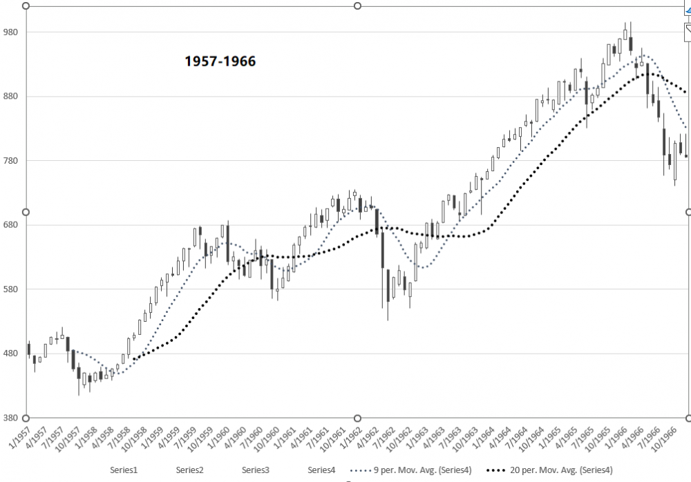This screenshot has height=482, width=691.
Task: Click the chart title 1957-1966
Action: pyautogui.click(x=220, y=61)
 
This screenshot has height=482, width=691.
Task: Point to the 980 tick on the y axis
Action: pyautogui.click(x=13, y=32)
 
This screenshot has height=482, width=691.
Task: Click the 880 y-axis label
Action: pyautogui.click(x=13, y=97)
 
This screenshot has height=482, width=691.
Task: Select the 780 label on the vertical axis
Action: pyautogui.click(x=13, y=161)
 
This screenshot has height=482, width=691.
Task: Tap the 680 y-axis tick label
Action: pyautogui.click(x=13, y=225)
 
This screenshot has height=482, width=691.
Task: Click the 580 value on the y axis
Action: pyautogui.click(x=13, y=289)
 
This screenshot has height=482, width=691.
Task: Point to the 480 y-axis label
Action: pyautogui.click(x=13, y=354)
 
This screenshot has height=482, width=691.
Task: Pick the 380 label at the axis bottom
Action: pyautogui.click(x=13, y=418)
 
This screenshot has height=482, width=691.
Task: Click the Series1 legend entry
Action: pyautogui.click(x=124, y=470)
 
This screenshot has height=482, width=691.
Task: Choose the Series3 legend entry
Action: pyautogui.click(x=256, y=470)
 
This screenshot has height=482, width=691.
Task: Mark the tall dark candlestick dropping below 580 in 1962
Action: pyautogui.click(x=382, y=252)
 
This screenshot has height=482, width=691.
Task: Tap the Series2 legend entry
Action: pyautogui.click(x=189, y=470)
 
